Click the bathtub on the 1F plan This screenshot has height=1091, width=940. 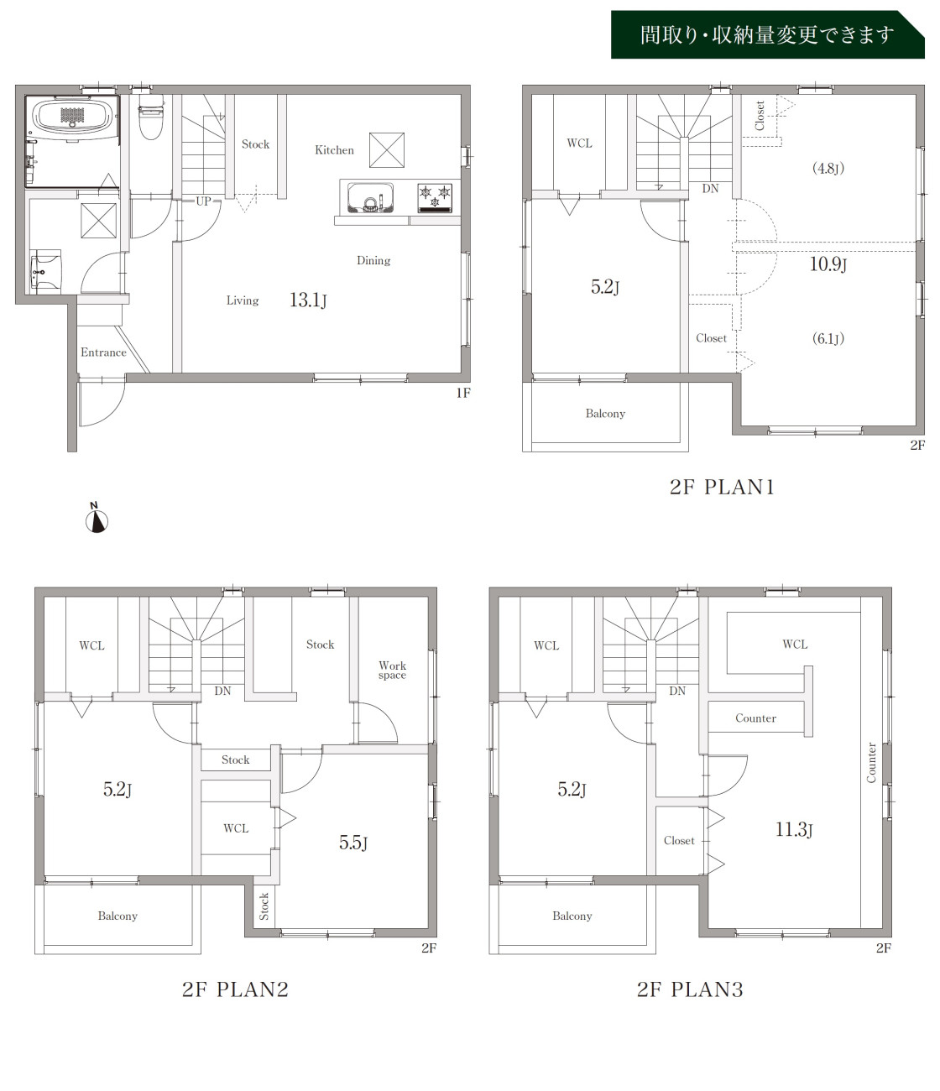pyautogui.click(x=72, y=117)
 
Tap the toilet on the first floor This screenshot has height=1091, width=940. pyautogui.click(x=150, y=117)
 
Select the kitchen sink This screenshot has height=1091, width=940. pyautogui.click(x=371, y=198)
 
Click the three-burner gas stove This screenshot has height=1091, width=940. pyautogui.click(x=435, y=197)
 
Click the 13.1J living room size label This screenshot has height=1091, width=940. pyautogui.click(x=308, y=300)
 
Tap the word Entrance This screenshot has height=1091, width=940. pyautogui.click(x=103, y=352)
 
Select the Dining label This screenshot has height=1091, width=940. pyautogui.click(x=373, y=260)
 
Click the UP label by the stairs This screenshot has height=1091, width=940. pyautogui.click(x=203, y=201)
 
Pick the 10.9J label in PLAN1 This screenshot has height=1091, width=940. pyautogui.click(x=828, y=264)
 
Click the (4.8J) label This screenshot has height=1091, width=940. pyautogui.click(x=828, y=169)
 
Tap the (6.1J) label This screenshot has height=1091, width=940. pyautogui.click(x=828, y=338)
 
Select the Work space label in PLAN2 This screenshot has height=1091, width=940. pyautogui.click(x=392, y=671)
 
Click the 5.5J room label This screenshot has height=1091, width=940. pyautogui.click(x=353, y=843)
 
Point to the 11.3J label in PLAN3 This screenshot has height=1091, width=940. pyautogui.click(x=794, y=829)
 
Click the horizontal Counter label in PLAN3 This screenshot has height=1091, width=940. pyautogui.click(x=756, y=718)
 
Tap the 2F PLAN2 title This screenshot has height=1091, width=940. pyautogui.click(x=235, y=989)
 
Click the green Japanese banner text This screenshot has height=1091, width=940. pyautogui.click(x=767, y=35)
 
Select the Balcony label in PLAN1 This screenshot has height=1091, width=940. pyautogui.click(x=605, y=414)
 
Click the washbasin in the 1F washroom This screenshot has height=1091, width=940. pyautogui.click(x=45, y=271)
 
